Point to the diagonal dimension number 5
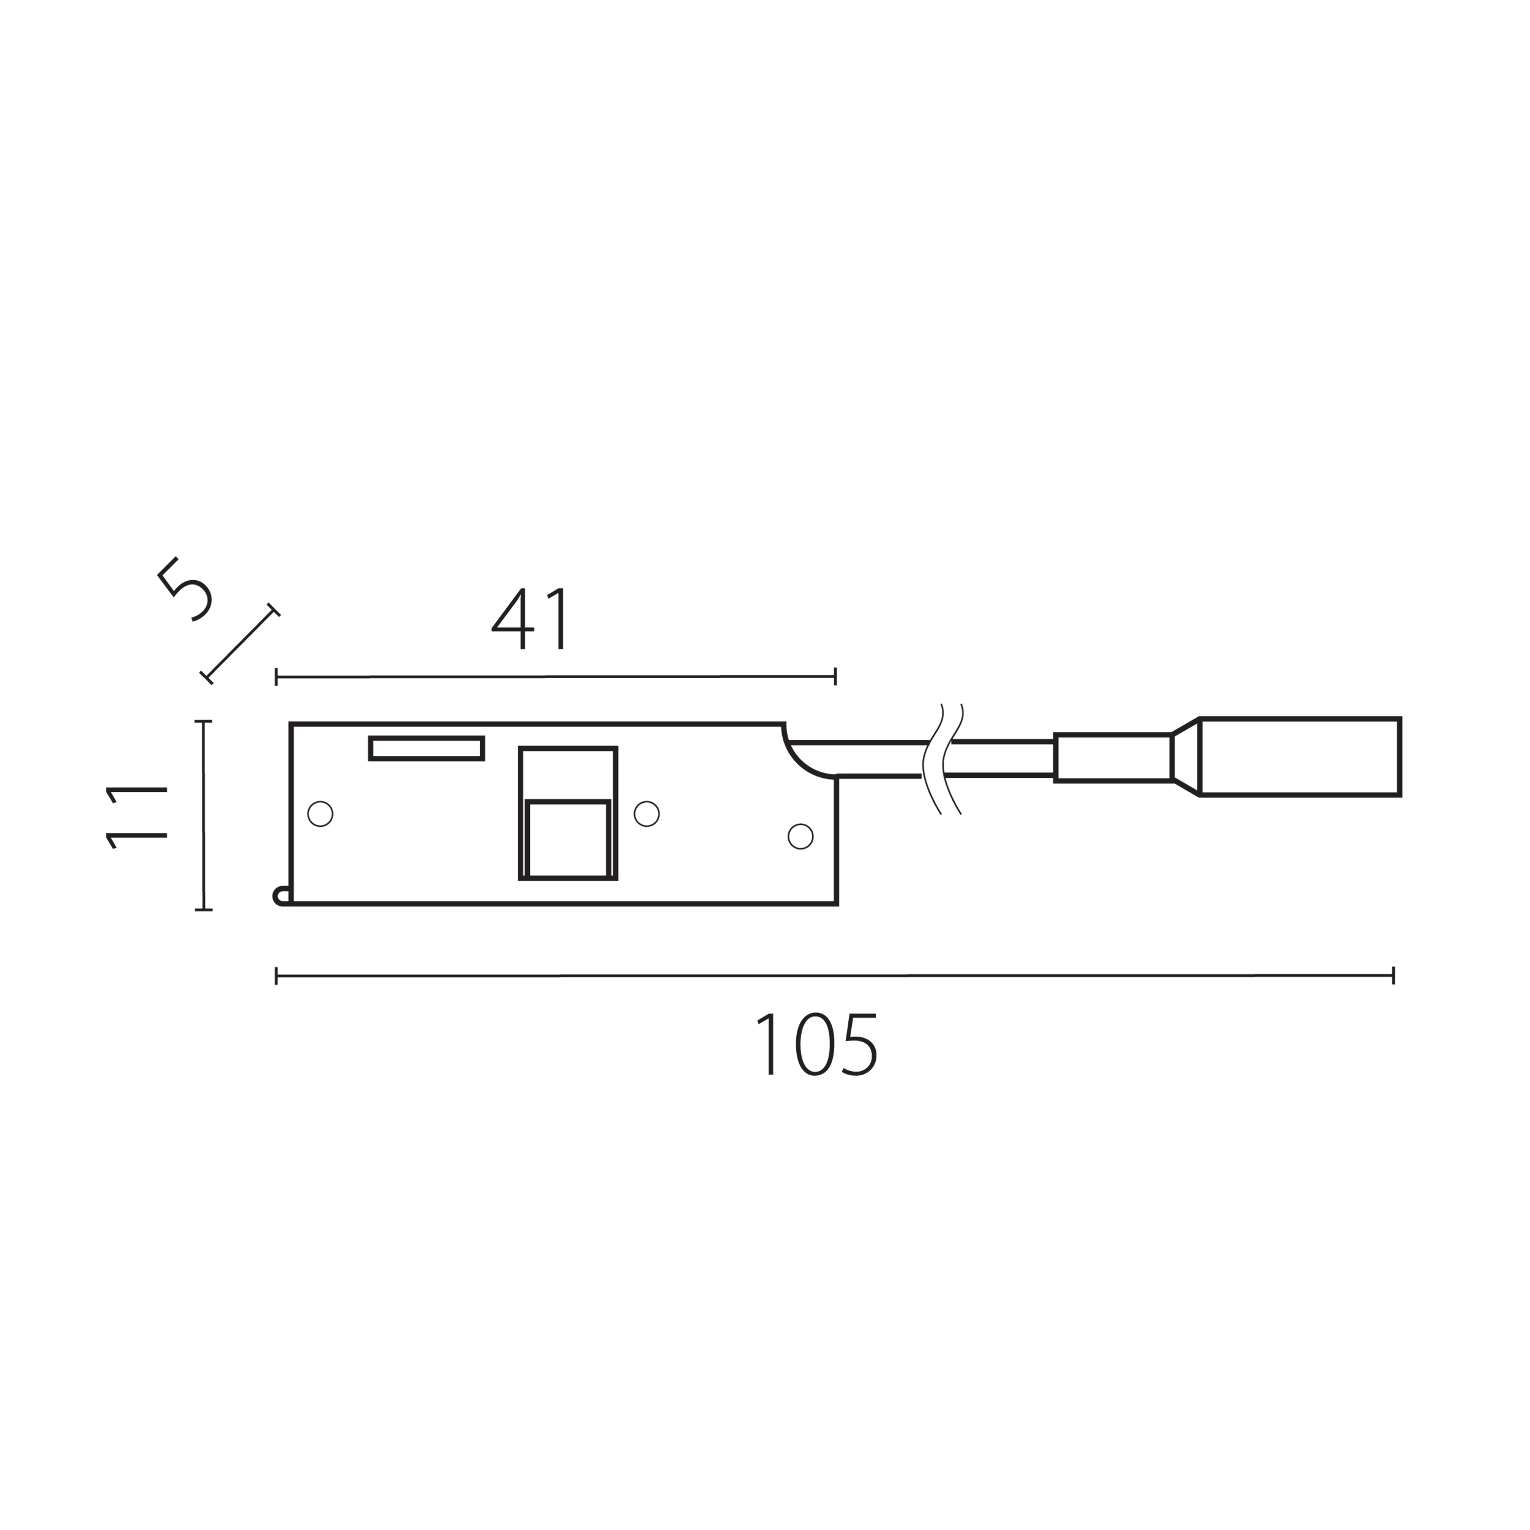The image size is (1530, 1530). pos(185,589)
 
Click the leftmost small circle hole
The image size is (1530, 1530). pos(320,813)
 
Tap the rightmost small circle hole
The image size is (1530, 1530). pos(800,835)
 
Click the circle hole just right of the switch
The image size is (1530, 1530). pos(646,813)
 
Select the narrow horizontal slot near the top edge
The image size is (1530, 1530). pos(426,748)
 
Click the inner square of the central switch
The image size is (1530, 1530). pos(568,840)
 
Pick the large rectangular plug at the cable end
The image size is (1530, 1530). pos(1300,757)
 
